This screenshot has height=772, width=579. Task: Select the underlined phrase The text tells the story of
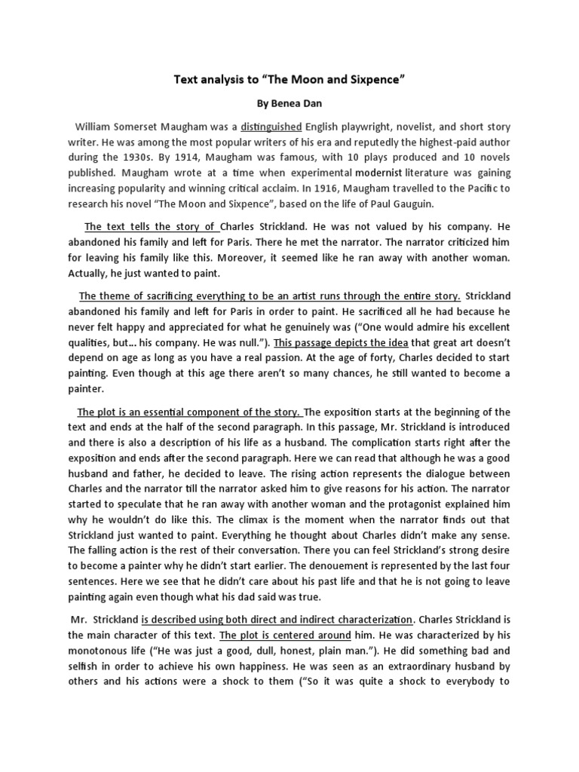click(x=151, y=225)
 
